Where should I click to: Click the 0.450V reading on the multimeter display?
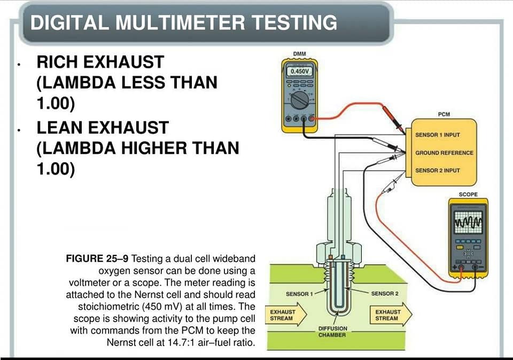pos(299,71)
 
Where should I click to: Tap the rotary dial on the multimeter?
pos(299,100)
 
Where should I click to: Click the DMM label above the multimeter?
pos(299,53)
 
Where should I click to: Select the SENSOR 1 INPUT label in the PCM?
pos(438,135)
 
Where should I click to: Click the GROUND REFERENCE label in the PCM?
pos(444,153)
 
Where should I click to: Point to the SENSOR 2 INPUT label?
pos(438,170)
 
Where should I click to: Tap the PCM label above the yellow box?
pos(444,114)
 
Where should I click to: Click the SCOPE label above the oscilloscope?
pos(468,194)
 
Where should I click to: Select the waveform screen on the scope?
pos(469,222)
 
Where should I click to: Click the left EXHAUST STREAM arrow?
pos(285,315)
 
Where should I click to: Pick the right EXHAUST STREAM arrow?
pos(391,315)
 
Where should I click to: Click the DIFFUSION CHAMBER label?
pos(332,332)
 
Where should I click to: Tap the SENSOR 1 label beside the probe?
pos(299,294)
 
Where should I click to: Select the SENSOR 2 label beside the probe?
pos(385,294)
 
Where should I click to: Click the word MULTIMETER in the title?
pos(180,22)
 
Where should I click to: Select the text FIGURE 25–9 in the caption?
pos(97,259)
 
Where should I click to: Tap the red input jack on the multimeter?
pos(311,119)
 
